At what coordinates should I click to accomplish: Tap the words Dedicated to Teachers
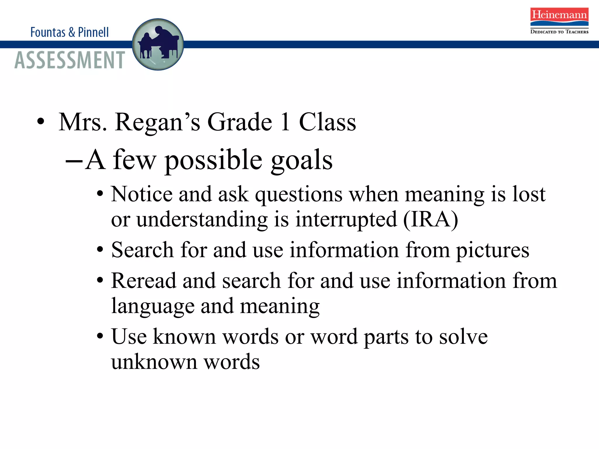tap(559, 32)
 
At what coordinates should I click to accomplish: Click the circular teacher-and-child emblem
tap(158, 44)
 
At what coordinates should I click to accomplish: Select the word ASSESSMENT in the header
tap(70, 60)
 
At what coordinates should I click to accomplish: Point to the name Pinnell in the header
tap(93, 32)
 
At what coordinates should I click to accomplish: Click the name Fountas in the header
tap(48, 32)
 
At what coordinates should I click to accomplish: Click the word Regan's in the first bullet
tap(158, 122)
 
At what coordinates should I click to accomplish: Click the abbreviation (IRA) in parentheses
tap(431, 219)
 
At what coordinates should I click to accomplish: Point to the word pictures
tap(493, 251)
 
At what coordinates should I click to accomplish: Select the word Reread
tap(144, 281)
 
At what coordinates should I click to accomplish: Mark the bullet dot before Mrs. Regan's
tap(41, 122)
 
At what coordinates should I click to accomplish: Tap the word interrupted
tap(346, 219)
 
